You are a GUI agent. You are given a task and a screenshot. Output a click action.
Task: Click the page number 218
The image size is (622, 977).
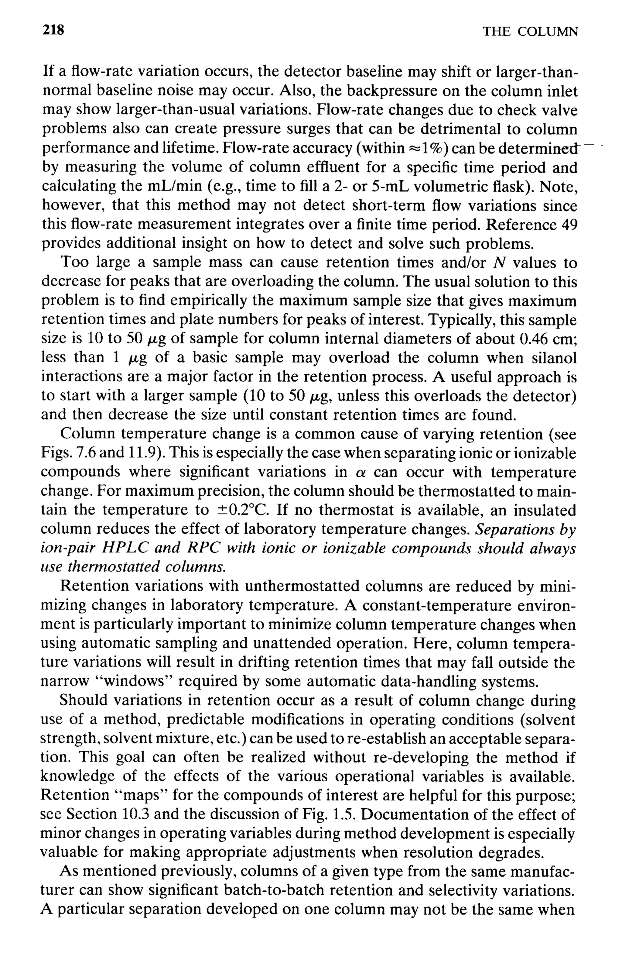coord(53,30)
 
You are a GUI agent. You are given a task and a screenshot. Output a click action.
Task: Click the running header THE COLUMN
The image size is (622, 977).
coord(530,32)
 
